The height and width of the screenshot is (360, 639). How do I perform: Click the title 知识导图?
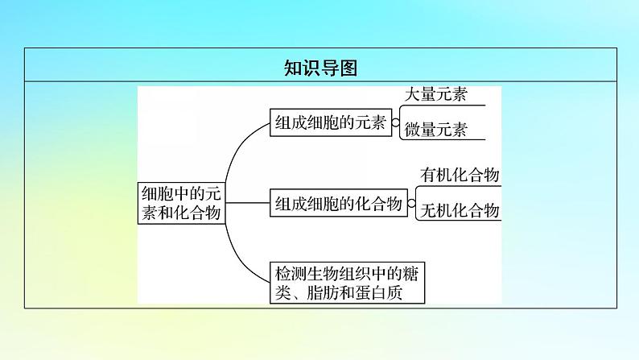click(x=321, y=68)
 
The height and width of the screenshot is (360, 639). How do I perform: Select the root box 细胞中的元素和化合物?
click(x=182, y=203)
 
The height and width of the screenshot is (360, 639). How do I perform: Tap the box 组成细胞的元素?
click(x=331, y=122)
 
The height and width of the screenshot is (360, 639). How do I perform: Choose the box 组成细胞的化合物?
click(x=339, y=203)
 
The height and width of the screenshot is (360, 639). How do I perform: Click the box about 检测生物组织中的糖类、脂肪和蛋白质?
click(x=347, y=283)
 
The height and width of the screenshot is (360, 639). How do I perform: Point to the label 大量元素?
click(x=435, y=94)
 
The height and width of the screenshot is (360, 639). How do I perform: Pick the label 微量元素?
click(x=435, y=130)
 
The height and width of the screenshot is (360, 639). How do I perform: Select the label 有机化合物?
click(x=460, y=175)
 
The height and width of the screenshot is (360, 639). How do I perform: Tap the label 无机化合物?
click(x=460, y=210)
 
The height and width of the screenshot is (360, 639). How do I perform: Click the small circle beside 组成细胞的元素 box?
click(x=395, y=122)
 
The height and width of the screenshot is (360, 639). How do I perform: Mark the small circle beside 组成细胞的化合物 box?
click(x=411, y=203)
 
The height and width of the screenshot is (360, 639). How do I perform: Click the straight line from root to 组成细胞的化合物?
click(x=248, y=203)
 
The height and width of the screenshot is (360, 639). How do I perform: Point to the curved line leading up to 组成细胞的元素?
click(x=237, y=147)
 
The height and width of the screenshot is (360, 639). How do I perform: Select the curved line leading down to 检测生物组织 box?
click(x=237, y=258)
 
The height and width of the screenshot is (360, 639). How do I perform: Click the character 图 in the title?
click(x=348, y=68)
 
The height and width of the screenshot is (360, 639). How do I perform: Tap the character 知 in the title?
click(x=293, y=68)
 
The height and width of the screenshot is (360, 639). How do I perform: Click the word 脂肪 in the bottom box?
click(x=323, y=292)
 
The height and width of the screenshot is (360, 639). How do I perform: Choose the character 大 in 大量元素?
click(x=412, y=94)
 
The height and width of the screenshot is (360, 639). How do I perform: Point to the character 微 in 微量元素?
click(x=412, y=130)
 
